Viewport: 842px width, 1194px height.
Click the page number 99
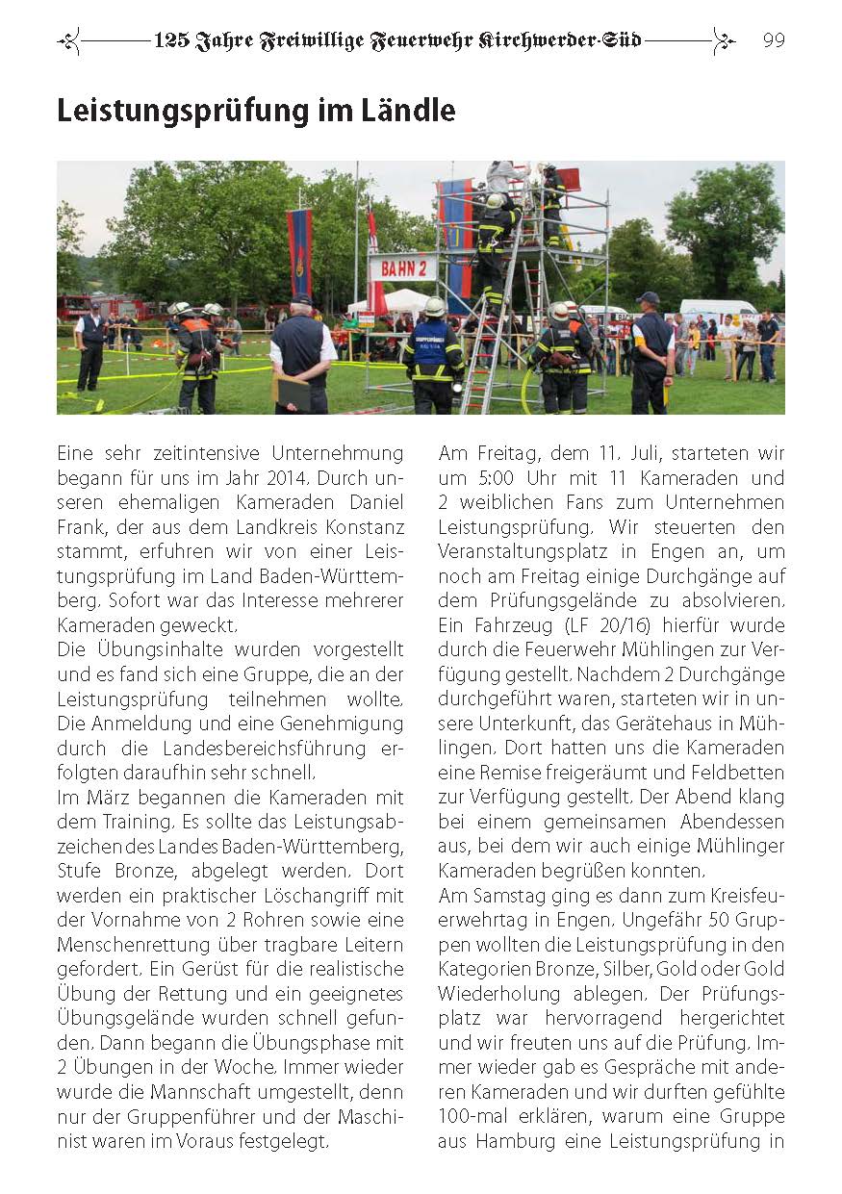coord(774,40)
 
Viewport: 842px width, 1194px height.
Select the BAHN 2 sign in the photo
coord(402,267)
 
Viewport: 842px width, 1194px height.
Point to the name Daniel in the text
coord(370,503)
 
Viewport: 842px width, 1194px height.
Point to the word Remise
coord(504,773)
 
